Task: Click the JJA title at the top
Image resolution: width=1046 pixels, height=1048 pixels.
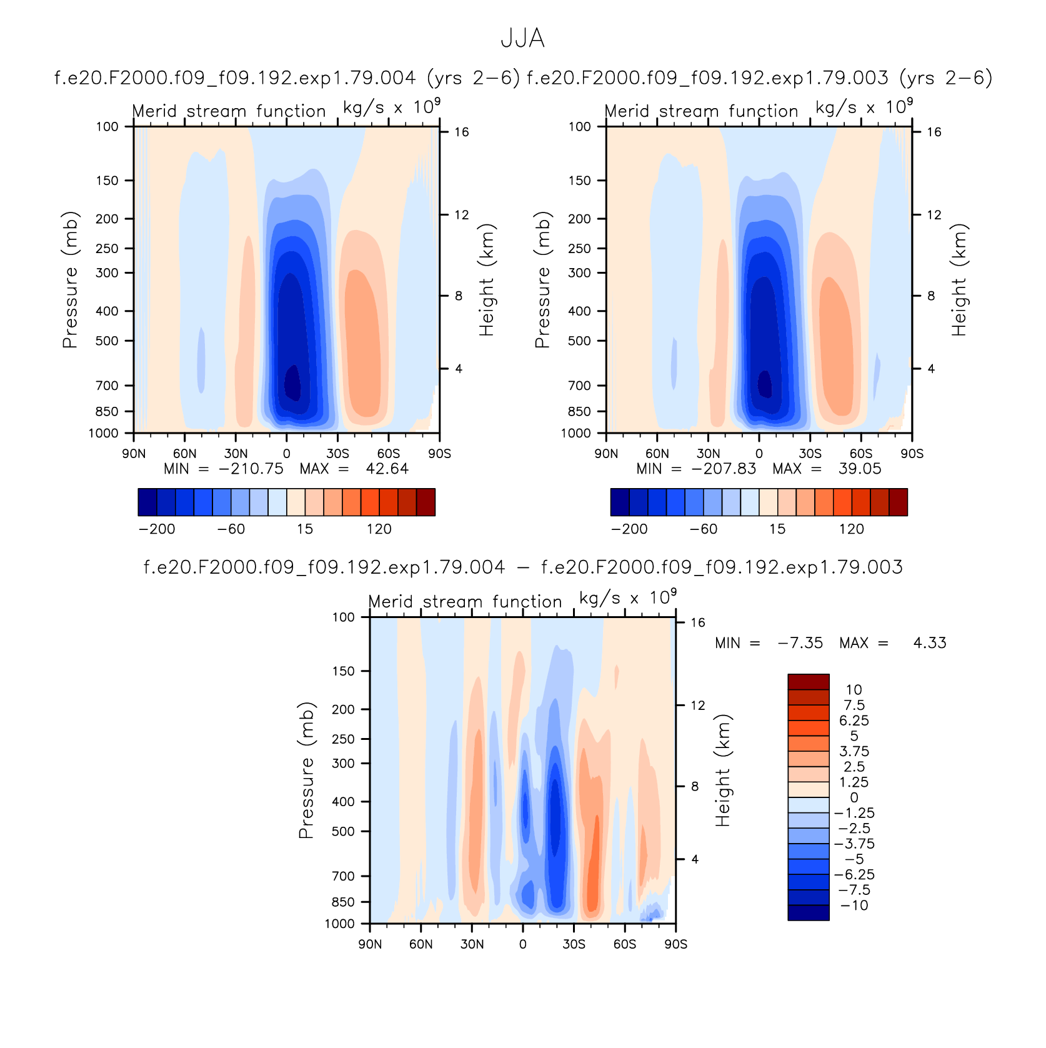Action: tap(522, 39)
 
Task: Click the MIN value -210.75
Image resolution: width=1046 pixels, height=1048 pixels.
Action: tap(251, 469)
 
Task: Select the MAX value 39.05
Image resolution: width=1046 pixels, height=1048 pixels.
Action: tap(860, 469)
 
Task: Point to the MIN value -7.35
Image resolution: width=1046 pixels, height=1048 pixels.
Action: tap(800, 643)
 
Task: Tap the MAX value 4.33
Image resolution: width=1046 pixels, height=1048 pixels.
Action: tap(930, 643)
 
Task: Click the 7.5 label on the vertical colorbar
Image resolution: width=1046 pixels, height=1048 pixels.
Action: tap(854, 705)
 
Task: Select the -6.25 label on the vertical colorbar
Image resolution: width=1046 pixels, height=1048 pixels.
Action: tap(854, 874)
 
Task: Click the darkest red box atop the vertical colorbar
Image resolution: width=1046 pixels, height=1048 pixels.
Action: tap(809, 682)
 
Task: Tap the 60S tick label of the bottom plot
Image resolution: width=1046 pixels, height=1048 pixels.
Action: tap(625, 944)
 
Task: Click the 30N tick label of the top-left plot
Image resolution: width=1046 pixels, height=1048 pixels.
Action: tap(236, 453)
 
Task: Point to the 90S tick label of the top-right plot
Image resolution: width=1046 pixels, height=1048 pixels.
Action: tap(912, 453)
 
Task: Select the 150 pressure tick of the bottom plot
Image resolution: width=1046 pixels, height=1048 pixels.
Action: tap(343, 671)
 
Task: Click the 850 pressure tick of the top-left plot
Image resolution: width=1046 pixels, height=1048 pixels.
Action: tap(107, 411)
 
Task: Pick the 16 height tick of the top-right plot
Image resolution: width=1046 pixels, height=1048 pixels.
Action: tap(934, 131)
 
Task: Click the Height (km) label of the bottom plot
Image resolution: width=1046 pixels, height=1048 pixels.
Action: tap(723, 770)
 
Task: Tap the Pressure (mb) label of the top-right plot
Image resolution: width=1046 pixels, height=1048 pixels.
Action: tap(542, 279)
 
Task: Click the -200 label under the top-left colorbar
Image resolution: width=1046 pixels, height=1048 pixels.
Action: tap(157, 529)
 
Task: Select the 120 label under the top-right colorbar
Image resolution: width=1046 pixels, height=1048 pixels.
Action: tap(851, 529)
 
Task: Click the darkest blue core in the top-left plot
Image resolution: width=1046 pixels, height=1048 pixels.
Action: tap(292, 382)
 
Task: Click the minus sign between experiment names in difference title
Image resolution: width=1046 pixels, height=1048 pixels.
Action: tap(523, 567)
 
